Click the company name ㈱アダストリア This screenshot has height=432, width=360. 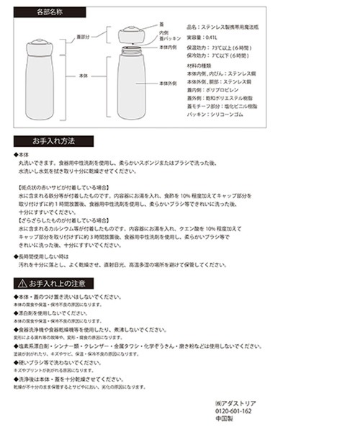[235, 402]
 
